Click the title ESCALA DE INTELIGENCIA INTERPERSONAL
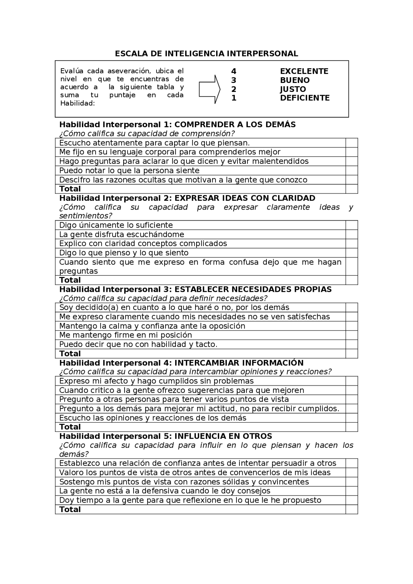click(x=206, y=54)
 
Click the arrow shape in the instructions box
click(x=209, y=89)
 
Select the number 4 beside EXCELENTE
click(x=234, y=71)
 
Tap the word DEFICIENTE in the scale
click(x=305, y=98)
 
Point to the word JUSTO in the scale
click(x=293, y=89)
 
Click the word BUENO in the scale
click(x=295, y=80)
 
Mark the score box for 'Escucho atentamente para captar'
click(x=352, y=143)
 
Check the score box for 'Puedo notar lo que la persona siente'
click(x=352, y=171)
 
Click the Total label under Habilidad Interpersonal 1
click(x=70, y=189)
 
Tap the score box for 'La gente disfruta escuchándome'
click(x=352, y=234)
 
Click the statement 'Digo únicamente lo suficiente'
click(x=116, y=225)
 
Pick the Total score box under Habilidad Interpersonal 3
click(x=352, y=354)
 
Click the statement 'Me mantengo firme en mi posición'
click(x=126, y=335)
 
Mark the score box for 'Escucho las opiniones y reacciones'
click(x=352, y=418)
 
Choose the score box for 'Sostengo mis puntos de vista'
click(x=352, y=482)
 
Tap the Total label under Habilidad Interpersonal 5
click(x=70, y=510)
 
